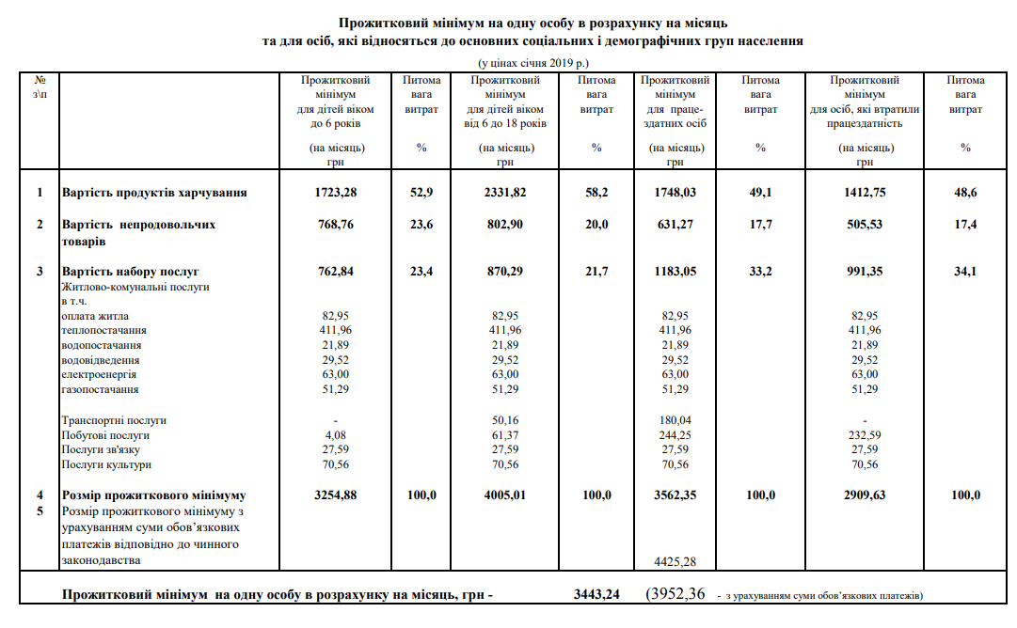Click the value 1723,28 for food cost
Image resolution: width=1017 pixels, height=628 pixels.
click(337, 193)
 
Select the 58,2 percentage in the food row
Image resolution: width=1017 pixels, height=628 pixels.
click(596, 193)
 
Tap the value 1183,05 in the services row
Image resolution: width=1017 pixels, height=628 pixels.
click(675, 272)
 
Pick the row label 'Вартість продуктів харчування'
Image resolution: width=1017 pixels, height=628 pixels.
click(154, 193)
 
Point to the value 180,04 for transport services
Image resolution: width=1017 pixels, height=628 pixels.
click(675, 420)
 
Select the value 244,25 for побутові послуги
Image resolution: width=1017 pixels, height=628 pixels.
click(675, 435)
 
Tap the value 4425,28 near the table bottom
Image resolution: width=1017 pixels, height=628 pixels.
click(675, 561)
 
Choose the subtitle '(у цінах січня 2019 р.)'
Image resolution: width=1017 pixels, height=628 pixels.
click(532, 62)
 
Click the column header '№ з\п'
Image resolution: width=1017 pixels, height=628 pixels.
click(40, 87)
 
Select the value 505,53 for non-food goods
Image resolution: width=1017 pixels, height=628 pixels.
click(864, 225)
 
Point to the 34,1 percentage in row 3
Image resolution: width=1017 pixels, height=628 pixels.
click(965, 272)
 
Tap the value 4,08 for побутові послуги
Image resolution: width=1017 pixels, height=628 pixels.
click(336, 435)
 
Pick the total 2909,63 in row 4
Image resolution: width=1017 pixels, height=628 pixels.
click(864, 495)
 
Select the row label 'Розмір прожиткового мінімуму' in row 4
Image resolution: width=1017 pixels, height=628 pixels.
click(154, 495)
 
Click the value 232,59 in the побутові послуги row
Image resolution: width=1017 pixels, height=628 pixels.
click(864, 435)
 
